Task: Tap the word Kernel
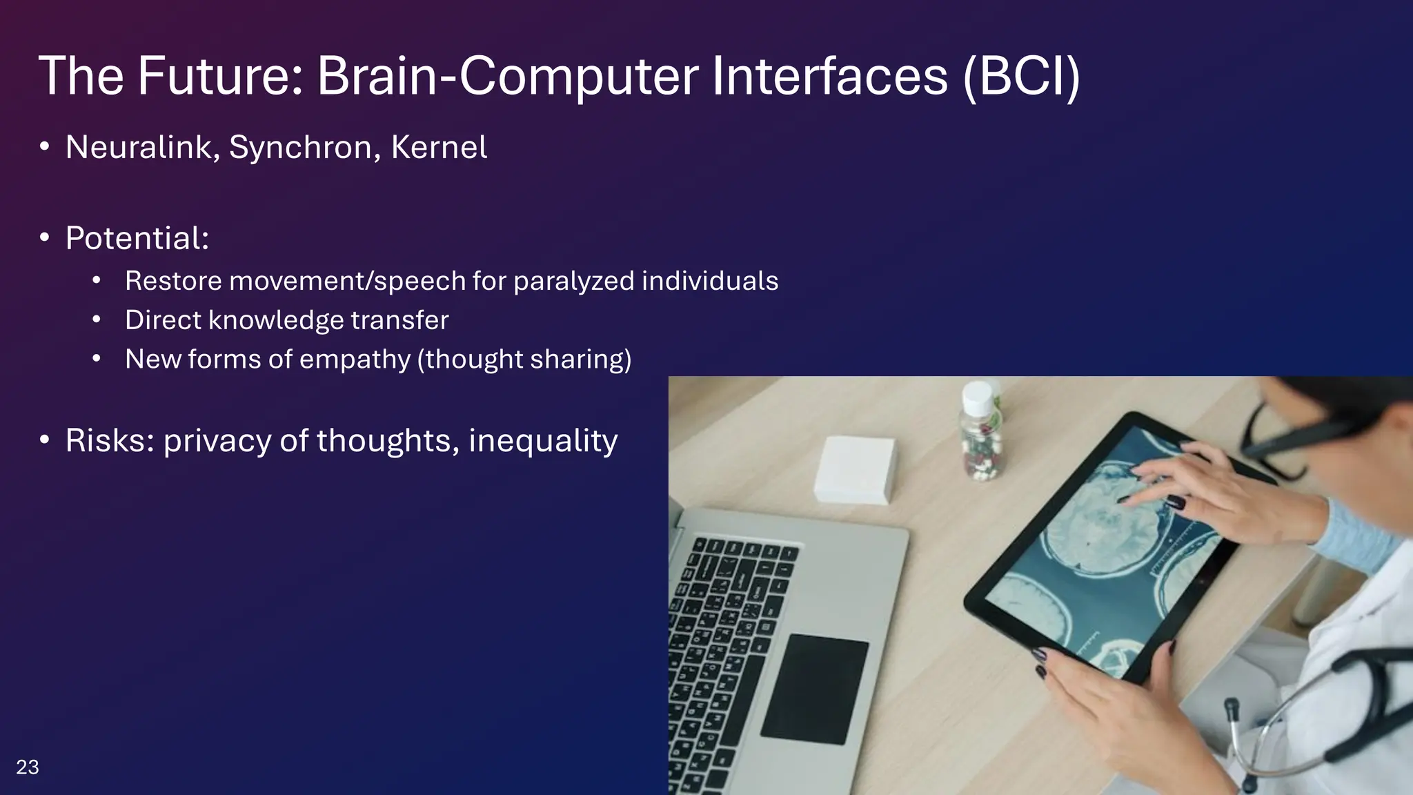pos(439,147)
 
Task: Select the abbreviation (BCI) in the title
pos(1021,76)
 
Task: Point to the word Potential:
pos(137,238)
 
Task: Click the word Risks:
pos(110,440)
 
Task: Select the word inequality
pos(543,440)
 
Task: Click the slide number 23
pos(28,767)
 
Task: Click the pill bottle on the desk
pos(980,442)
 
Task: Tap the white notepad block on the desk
pos(854,469)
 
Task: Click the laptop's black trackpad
pos(815,688)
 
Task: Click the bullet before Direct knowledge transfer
pos(97,320)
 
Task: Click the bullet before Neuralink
pos(45,146)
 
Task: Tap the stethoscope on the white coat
pos(1311,718)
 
